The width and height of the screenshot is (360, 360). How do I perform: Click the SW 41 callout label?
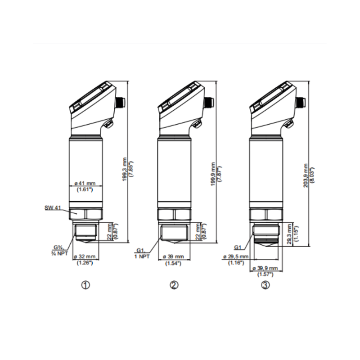(x=53, y=208)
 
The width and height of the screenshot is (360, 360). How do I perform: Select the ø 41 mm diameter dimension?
(x=85, y=184)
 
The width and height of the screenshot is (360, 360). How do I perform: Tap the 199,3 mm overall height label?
(x=125, y=170)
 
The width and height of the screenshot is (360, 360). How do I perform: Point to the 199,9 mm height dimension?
(x=213, y=174)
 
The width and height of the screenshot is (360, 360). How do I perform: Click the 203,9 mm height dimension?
(x=306, y=175)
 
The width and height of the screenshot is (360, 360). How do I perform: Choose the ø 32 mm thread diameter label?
(x=85, y=256)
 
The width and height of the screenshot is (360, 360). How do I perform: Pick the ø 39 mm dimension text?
(x=173, y=256)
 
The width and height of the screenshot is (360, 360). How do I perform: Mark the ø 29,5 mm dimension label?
(x=236, y=256)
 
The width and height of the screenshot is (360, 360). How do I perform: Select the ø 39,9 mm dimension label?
(x=265, y=268)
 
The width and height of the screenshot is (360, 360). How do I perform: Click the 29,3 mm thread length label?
(x=289, y=234)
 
